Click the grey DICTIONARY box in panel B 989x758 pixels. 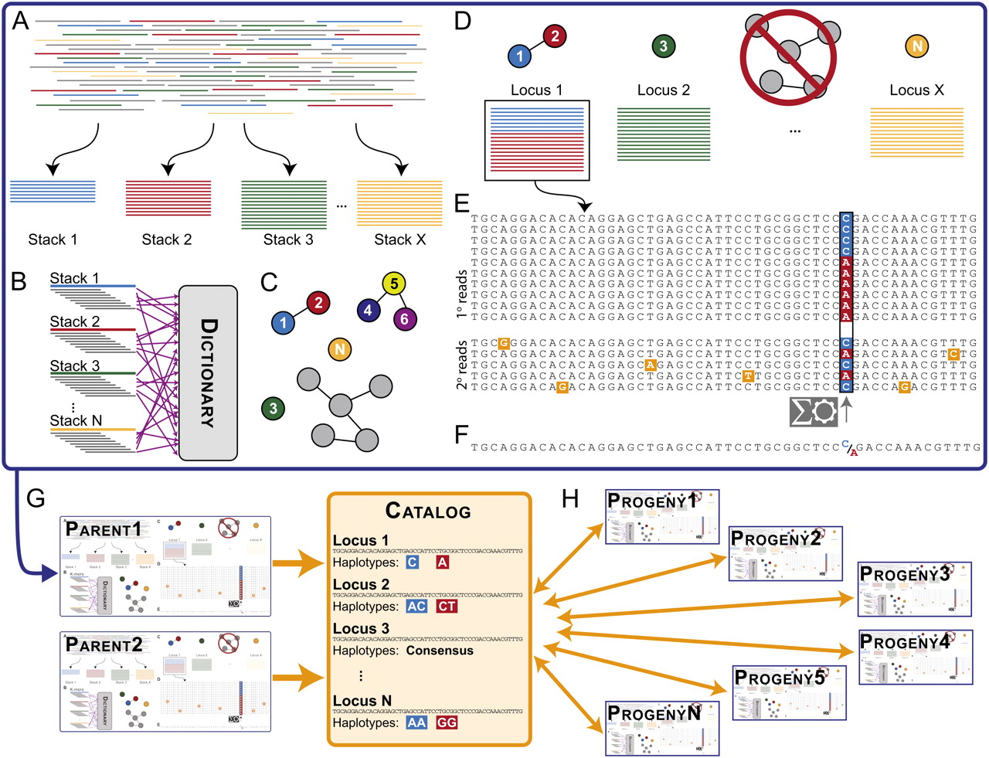208,372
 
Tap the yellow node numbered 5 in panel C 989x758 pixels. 394,284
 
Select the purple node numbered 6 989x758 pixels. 404,318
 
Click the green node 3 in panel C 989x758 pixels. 273,409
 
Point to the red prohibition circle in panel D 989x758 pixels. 788,58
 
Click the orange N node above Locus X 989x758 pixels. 916,46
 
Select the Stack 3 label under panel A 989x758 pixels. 288,240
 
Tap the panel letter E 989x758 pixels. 462,203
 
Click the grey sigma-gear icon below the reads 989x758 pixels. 814,412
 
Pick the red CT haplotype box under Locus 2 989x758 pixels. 447,607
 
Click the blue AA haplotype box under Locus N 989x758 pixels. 416,722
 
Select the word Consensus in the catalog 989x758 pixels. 440,651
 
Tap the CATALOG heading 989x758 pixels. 428,512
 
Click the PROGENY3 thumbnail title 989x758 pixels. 904,574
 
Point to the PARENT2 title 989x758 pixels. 104,645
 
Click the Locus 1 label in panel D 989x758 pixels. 536,90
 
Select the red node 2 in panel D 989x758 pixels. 555,36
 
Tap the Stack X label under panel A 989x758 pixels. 399,240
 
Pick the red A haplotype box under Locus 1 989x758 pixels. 443,563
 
